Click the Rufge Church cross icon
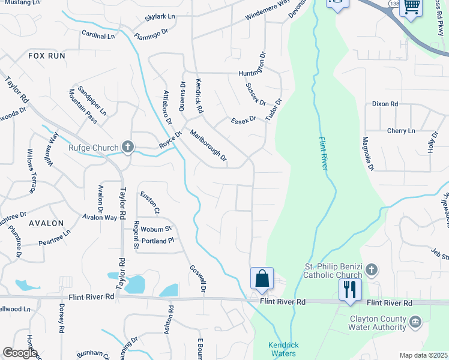[127, 146]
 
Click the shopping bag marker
[262, 279]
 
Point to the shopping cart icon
[411, 7]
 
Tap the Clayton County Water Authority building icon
[414, 323]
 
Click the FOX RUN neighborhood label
[46, 55]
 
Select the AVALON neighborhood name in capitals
[46, 223]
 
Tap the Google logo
[20, 353]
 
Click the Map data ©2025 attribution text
[423, 355]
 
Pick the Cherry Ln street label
[401, 131]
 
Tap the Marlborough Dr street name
[208, 146]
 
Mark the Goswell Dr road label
[197, 279]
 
